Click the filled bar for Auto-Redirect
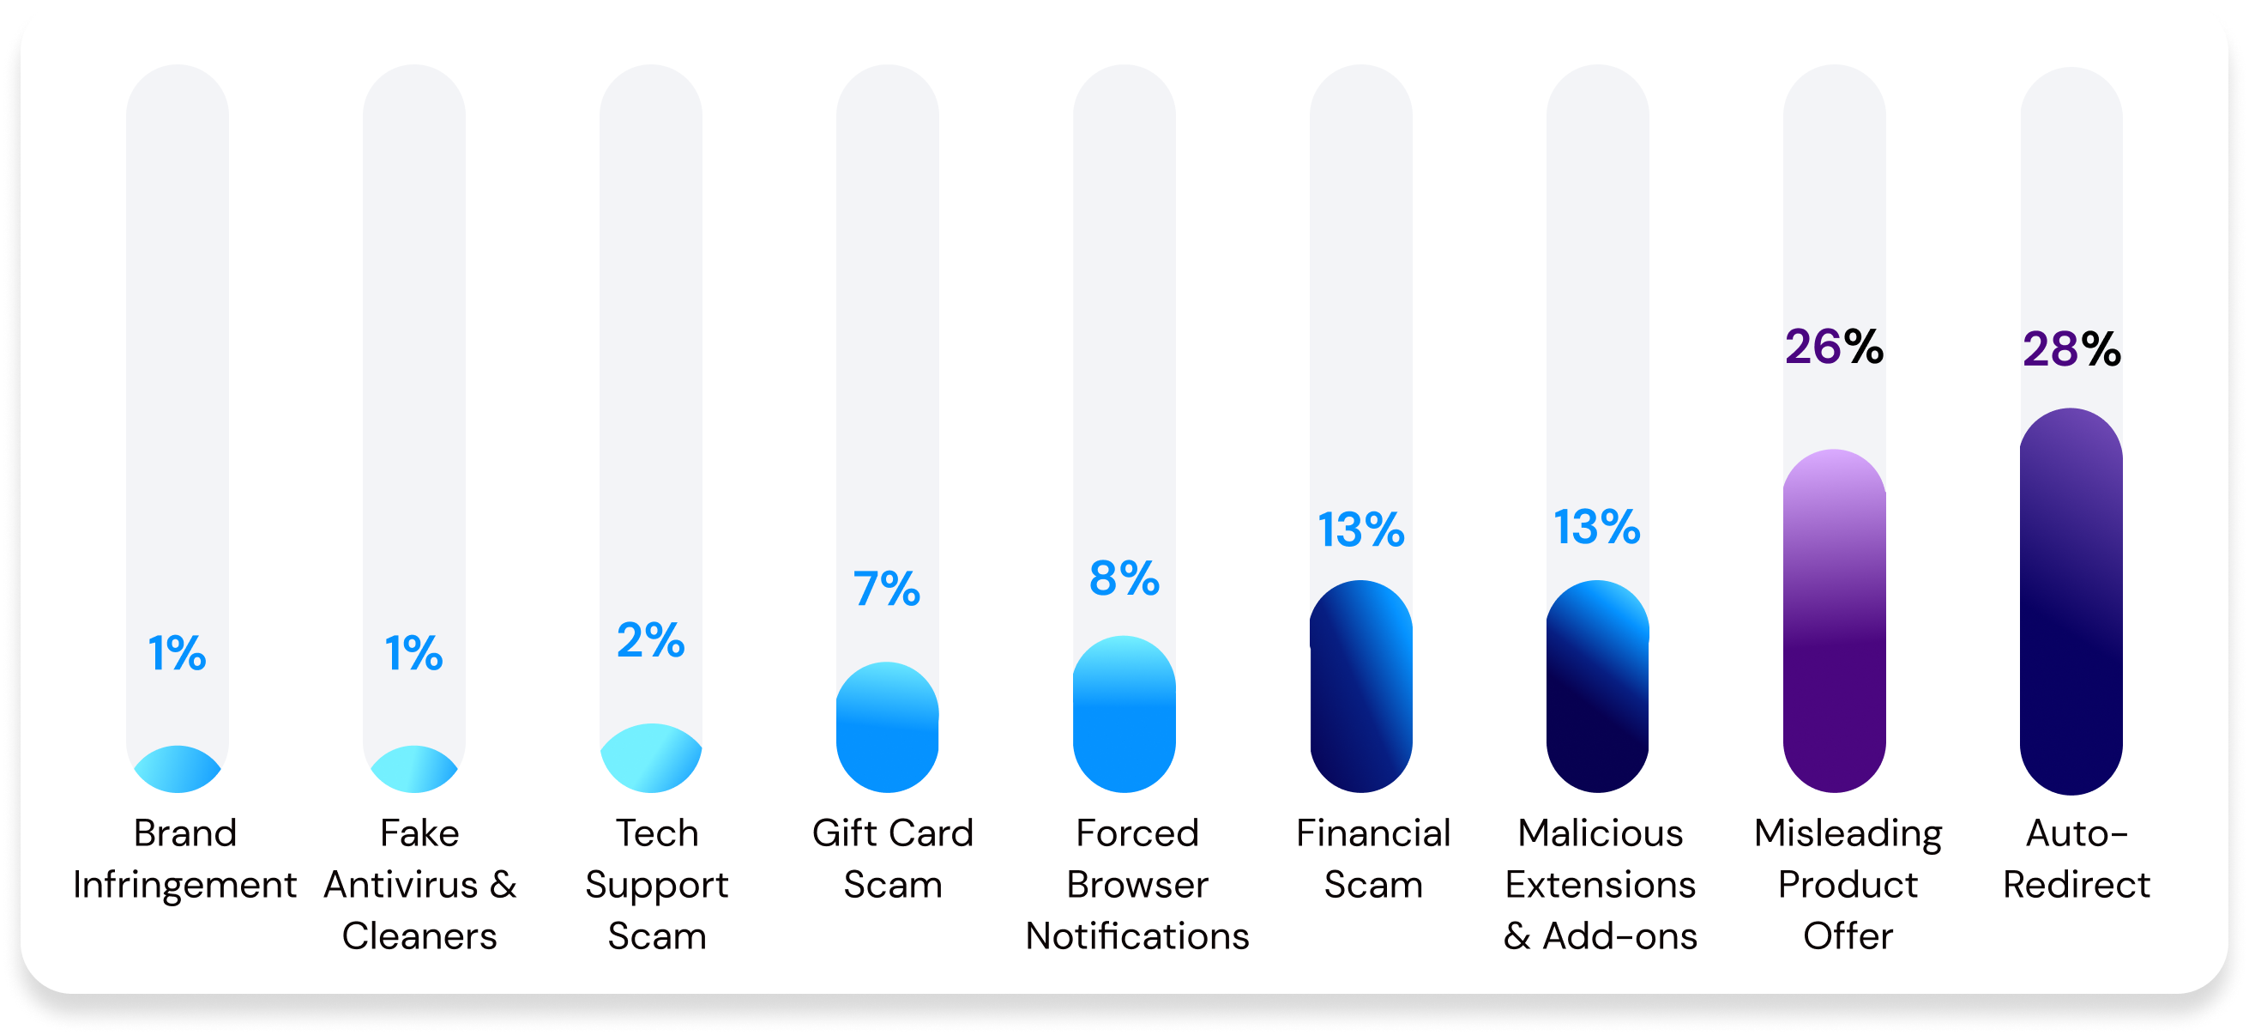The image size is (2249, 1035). tap(2070, 601)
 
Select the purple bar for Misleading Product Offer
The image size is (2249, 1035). tap(1834, 621)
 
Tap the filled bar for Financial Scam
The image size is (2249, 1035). tap(1360, 687)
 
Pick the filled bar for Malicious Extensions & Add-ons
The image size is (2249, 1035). tap(1597, 687)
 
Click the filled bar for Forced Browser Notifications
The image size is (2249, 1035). tap(1124, 714)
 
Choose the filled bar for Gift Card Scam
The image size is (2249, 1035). tap(887, 728)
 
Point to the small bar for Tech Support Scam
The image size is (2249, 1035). tap(651, 758)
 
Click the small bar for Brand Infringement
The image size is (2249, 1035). tap(178, 770)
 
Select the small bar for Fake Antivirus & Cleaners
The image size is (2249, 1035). tap(413, 770)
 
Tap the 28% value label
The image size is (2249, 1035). tap(2071, 349)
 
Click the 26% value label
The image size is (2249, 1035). tap(1835, 347)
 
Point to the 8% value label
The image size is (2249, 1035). tap(1124, 578)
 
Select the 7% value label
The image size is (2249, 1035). tap(887, 588)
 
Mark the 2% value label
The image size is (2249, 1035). tap(651, 639)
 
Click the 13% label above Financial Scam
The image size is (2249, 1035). tap(1361, 530)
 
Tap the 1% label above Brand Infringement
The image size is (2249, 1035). tap(178, 652)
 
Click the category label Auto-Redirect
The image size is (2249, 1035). tap(2076, 858)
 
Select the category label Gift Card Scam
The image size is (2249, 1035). tap(892, 858)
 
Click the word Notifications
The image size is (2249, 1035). tap(1137, 936)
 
